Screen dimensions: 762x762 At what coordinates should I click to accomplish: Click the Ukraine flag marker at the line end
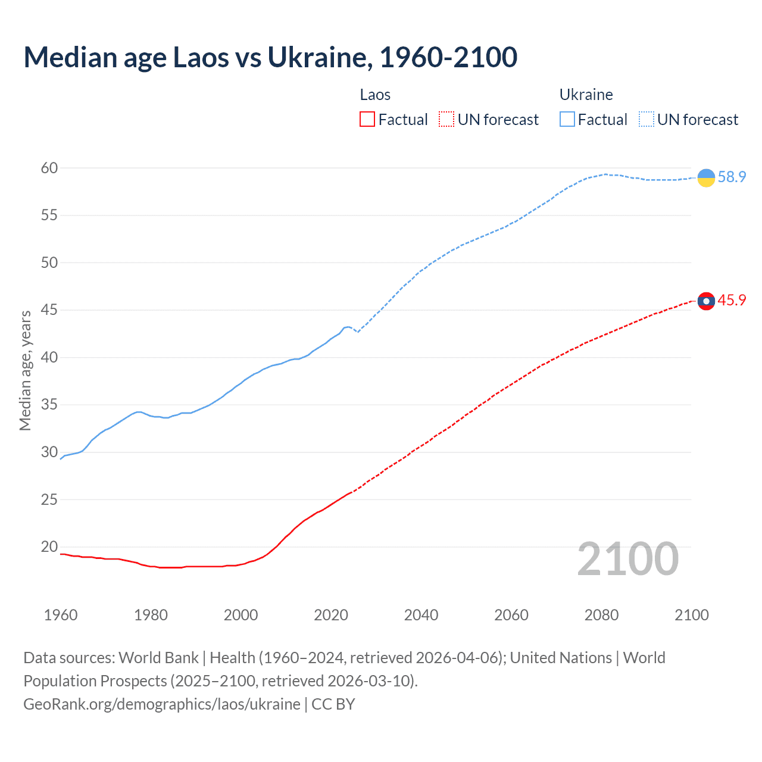706,177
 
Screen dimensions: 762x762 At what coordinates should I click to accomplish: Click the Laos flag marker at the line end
706,301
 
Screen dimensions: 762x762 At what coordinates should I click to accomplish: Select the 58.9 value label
732,177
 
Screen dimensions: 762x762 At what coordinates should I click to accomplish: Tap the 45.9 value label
732,301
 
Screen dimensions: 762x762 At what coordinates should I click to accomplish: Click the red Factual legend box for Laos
367,120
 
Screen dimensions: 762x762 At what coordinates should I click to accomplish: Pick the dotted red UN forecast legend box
446,120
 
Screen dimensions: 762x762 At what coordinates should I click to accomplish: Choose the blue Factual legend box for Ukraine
567,120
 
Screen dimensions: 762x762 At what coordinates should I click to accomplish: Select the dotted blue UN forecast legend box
647,120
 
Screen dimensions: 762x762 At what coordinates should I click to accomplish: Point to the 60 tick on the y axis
49,168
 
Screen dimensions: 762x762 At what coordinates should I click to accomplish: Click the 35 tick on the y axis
49,405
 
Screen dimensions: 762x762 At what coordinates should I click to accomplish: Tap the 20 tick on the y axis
49,546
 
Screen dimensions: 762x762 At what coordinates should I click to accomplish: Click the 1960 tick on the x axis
61,615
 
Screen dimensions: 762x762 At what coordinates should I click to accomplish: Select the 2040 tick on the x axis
421,615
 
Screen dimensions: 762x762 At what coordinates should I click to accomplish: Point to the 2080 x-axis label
601,615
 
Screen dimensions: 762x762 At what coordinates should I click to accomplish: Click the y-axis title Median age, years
25,370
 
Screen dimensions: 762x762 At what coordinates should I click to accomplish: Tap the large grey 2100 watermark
628,559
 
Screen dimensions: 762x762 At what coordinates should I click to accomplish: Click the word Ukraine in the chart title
318,58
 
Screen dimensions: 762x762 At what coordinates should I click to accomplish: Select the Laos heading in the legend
375,95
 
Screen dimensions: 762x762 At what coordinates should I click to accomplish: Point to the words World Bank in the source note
158,658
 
